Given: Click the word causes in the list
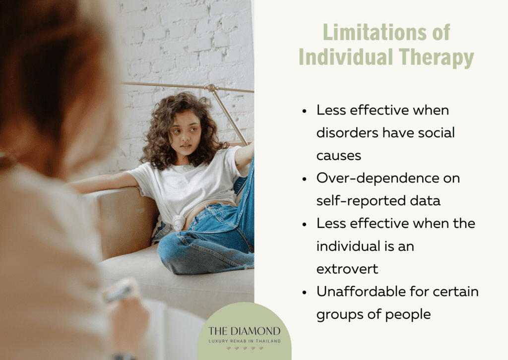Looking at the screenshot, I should click(x=339, y=155).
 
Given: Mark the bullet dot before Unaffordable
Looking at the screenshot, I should click(x=304, y=292).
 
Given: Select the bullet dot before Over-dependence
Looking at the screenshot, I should click(x=304, y=179).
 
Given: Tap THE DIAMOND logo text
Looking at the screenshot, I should click(x=244, y=331).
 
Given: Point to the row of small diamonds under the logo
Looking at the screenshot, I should click(x=244, y=348).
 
